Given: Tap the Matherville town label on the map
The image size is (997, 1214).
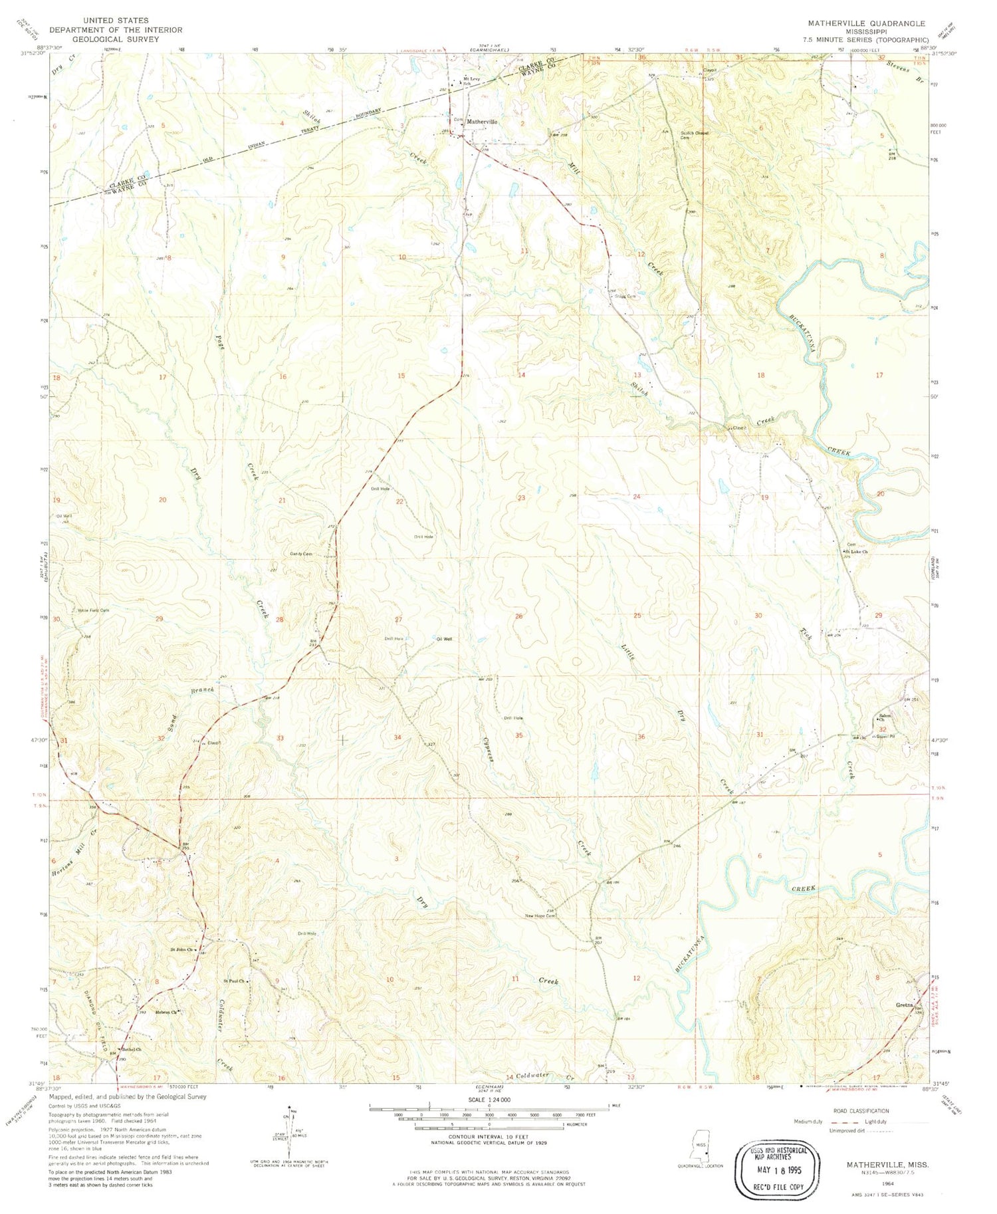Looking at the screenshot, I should click(x=482, y=122).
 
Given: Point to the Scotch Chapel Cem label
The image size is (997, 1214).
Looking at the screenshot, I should click(x=695, y=134).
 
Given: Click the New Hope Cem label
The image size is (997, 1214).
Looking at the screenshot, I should click(x=539, y=915).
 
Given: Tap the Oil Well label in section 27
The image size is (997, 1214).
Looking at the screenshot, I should click(x=444, y=639).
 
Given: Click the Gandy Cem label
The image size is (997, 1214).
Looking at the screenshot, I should click(x=300, y=554).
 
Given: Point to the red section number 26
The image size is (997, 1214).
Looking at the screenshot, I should click(x=518, y=616).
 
